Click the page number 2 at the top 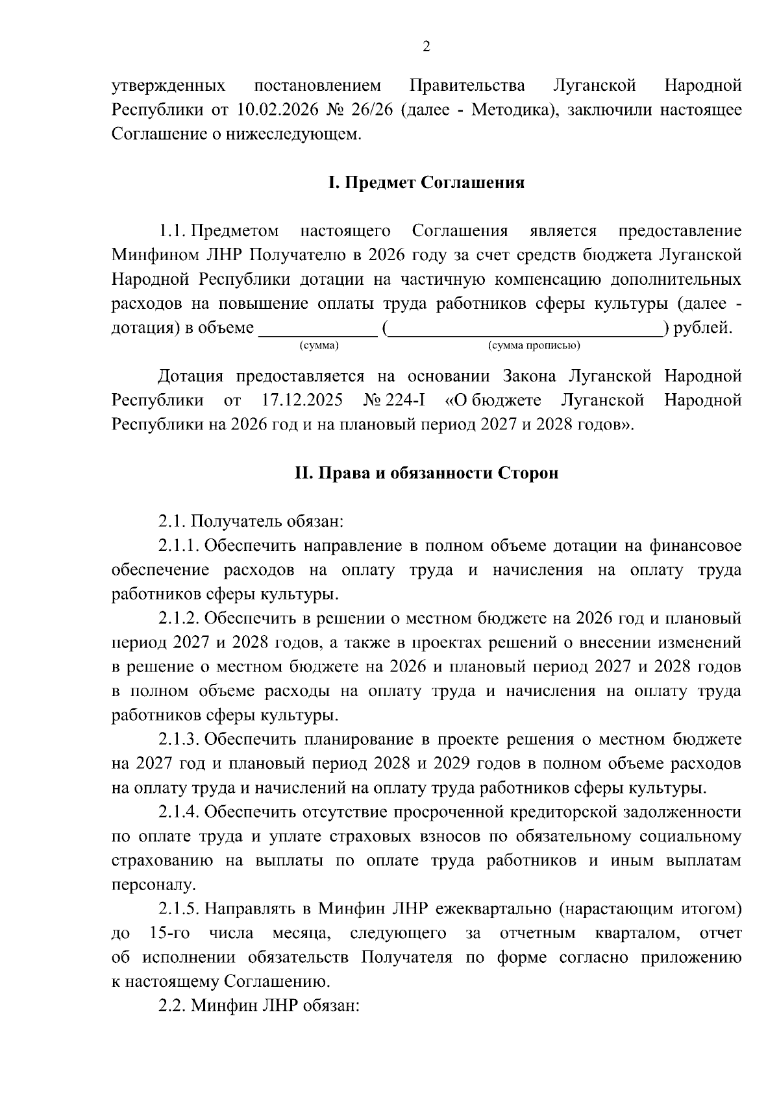click(x=426, y=46)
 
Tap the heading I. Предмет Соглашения click(x=426, y=183)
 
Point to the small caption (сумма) click(x=319, y=346)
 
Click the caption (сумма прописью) click(x=534, y=346)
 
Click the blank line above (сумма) click(x=318, y=334)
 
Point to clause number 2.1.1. click(x=179, y=546)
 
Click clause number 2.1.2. click(x=179, y=619)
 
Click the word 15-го click(x=169, y=934)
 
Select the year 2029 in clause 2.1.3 click(x=449, y=764)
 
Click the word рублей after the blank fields click(x=702, y=328)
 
